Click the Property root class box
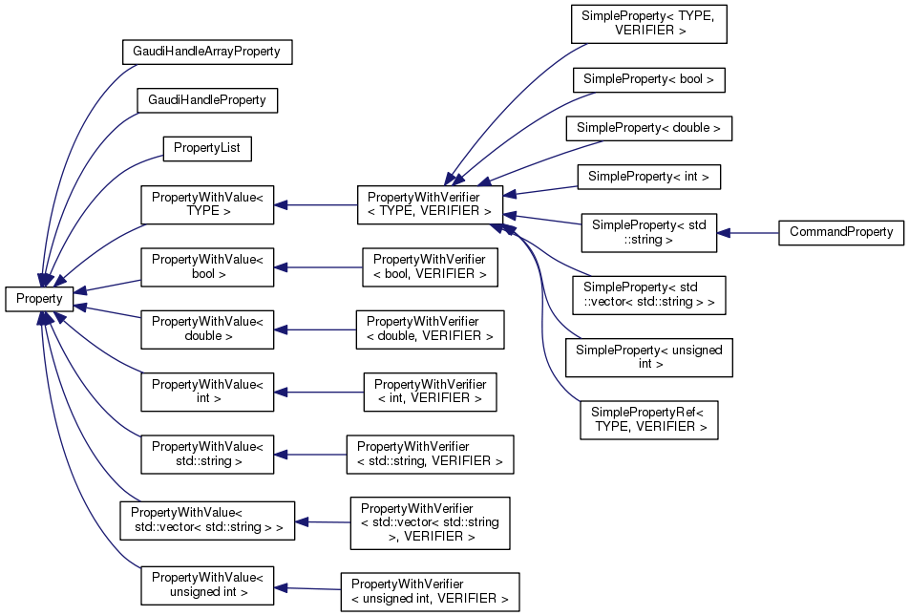pyautogui.click(x=39, y=298)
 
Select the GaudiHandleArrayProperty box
pyautogui.click(x=206, y=52)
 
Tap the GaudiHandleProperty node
pyautogui.click(x=206, y=99)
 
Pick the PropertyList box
pyautogui.click(x=207, y=148)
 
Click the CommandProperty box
pyautogui.click(x=840, y=232)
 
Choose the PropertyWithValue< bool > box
pyautogui.click(x=207, y=266)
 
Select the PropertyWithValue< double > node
pyautogui.click(x=207, y=328)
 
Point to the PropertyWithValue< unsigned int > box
pyautogui.click(x=207, y=584)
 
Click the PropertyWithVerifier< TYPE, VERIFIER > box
pyautogui.click(x=430, y=204)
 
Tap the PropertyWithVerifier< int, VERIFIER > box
pyautogui.click(x=430, y=391)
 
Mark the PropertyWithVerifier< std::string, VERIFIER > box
pyautogui.click(x=430, y=454)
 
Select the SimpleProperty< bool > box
pyautogui.click(x=648, y=79)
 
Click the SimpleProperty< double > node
pyautogui.click(x=648, y=127)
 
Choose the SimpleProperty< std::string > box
pyautogui.click(x=648, y=232)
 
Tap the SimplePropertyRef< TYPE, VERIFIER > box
pyautogui.click(x=648, y=419)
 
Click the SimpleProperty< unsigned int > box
pyautogui.click(x=648, y=357)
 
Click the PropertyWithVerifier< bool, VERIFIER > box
pyautogui.click(x=430, y=266)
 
